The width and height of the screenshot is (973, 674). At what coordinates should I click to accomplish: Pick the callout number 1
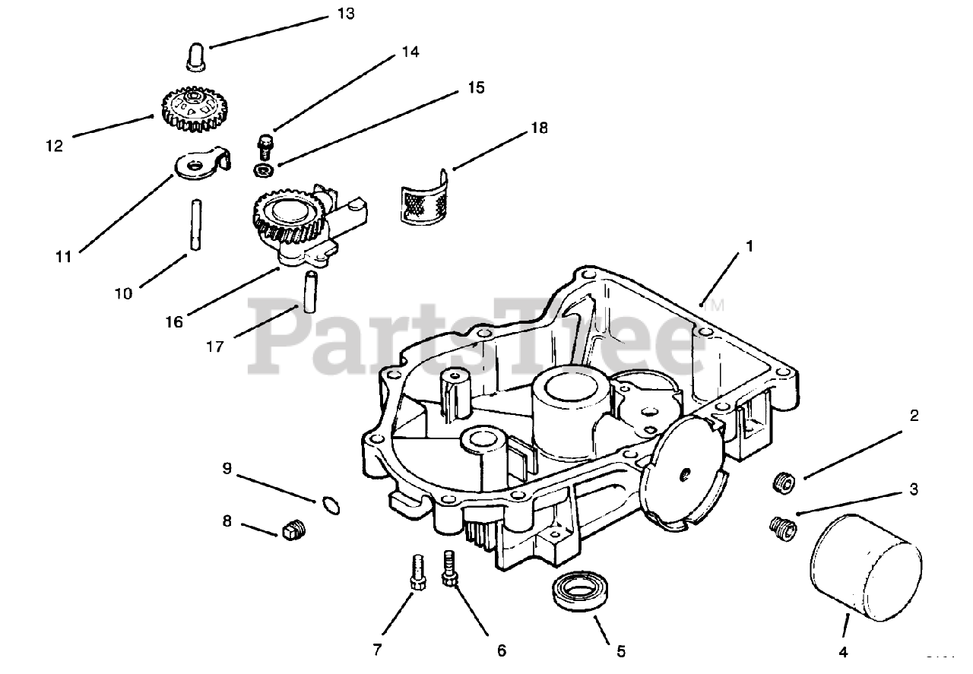[x=749, y=246]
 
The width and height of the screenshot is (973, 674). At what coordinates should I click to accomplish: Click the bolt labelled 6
[x=449, y=568]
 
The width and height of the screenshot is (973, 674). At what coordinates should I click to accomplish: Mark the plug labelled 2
[x=784, y=482]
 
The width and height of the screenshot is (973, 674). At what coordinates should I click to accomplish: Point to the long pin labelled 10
[x=195, y=223]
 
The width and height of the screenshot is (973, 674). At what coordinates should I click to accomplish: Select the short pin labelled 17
[x=309, y=291]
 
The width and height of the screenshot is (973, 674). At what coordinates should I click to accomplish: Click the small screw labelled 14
[x=265, y=144]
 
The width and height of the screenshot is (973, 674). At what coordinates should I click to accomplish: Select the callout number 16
[x=174, y=321]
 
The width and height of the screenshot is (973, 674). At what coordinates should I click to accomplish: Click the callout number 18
[x=538, y=128]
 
